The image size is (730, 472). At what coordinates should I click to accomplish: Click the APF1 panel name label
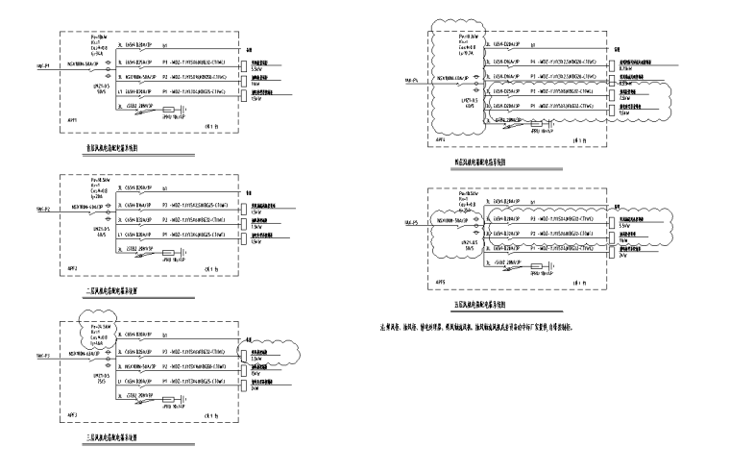pyautogui.click(x=68, y=125)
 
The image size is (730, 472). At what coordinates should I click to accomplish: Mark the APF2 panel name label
pyautogui.click(x=68, y=266)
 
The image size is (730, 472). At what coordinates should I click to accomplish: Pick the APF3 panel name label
pyautogui.click(x=68, y=413)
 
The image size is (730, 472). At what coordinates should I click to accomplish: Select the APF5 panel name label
pyautogui.click(x=441, y=282)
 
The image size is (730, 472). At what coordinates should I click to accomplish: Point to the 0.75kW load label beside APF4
pyautogui.click(x=625, y=69)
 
